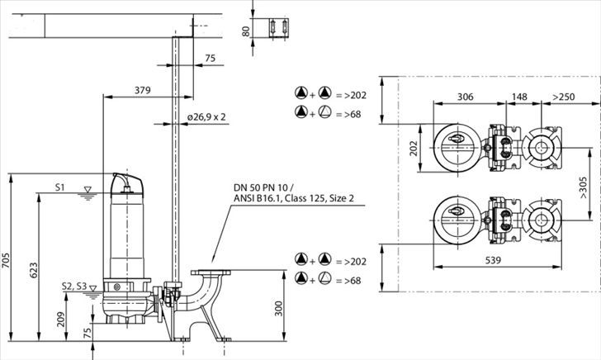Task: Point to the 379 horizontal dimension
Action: (x=142, y=89)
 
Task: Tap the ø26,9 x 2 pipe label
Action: (x=207, y=117)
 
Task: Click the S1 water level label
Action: (x=60, y=187)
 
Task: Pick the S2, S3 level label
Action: (x=73, y=286)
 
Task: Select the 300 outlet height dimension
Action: (x=279, y=309)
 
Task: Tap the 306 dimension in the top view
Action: (x=466, y=97)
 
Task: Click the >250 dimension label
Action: (x=565, y=97)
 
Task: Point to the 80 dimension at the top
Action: (x=245, y=31)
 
